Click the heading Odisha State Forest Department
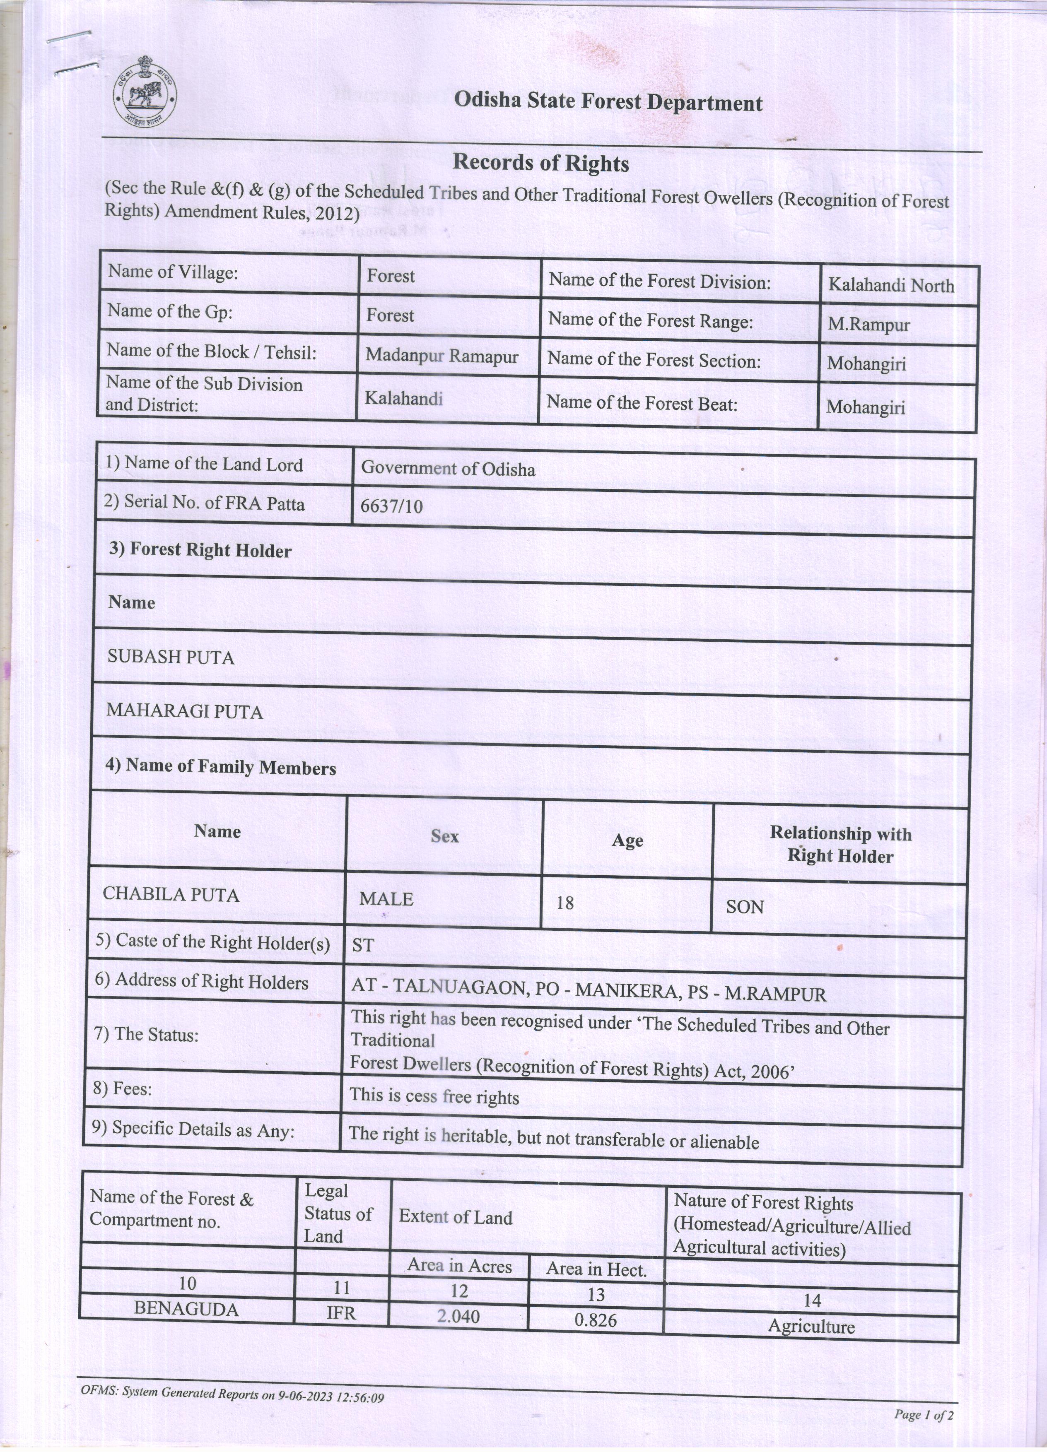[608, 102]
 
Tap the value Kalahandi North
[891, 286]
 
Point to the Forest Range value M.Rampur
[868, 325]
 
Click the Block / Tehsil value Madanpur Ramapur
[442, 356]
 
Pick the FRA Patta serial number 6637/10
[391, 506]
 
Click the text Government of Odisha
[448, 469]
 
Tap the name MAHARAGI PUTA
[184, 711]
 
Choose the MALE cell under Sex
[386, 899]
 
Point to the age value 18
[565, 903]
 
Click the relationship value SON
[745, 907]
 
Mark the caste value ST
[362, 946]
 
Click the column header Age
[627, 840]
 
